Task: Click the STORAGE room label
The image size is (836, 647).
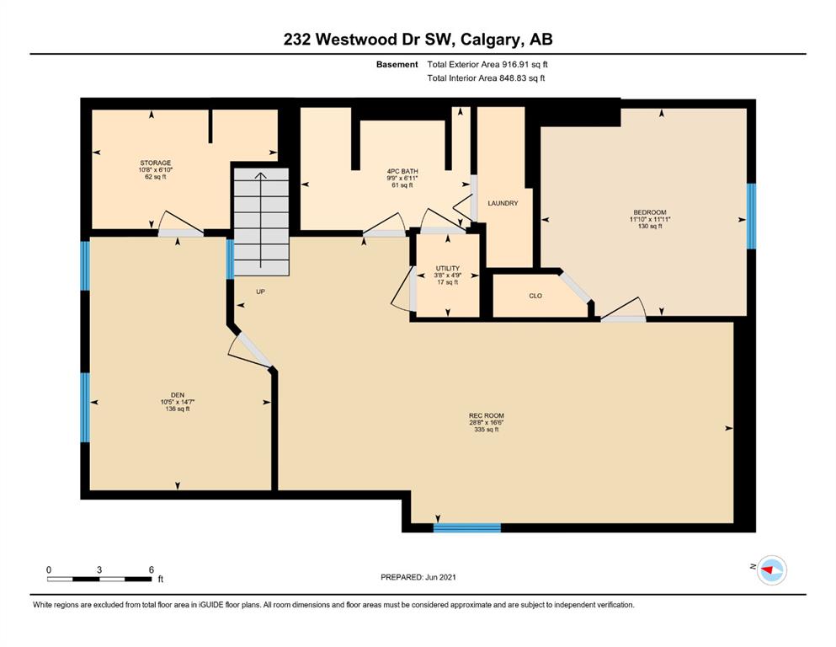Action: (x=156, y=163)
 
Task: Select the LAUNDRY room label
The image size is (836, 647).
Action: (x=503, y=203)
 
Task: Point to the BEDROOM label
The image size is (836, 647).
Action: (x=650, y=212)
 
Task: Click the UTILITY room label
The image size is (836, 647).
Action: (x=448, y=268)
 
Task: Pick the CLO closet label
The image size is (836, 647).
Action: (x=535, y=296)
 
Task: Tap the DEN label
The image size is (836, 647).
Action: (x=178, y=395)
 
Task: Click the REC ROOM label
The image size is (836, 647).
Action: (x=487, y=415)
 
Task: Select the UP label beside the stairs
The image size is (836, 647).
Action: (x=260, y=291)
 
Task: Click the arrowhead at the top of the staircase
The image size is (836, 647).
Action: (x=261, y=177)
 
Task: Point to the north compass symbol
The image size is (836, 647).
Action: (x=771, y=569)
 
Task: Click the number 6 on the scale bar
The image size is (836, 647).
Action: (x=152, y=569)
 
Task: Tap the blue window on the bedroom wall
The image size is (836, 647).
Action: (x=751, y=216)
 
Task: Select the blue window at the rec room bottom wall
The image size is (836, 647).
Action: (x=467, y=528)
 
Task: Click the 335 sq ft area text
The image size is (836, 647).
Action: (x=487, y=430)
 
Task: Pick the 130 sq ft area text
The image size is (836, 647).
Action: (x=650, y=226)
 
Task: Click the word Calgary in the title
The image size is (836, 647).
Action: (x=489, y=40)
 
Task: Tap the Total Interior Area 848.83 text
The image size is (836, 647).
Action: (x=487, y=78)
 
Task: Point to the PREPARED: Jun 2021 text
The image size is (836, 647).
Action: (x=418, y=577)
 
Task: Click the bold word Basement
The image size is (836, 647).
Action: (x=397, y=65)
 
